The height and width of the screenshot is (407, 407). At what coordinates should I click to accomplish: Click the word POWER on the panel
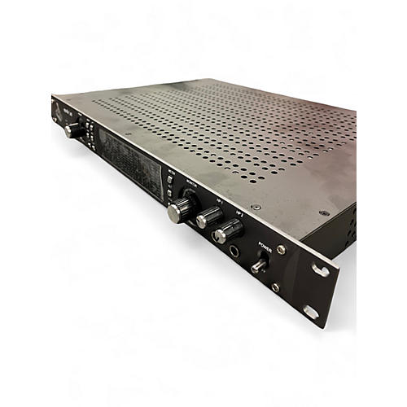pyautogui.click(x=265, y=244)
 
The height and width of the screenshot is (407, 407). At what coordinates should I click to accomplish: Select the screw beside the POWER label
pyautogui.click(x=281, y=249)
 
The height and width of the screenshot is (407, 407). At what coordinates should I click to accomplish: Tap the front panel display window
pyautogui.click(x=130, y=158)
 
